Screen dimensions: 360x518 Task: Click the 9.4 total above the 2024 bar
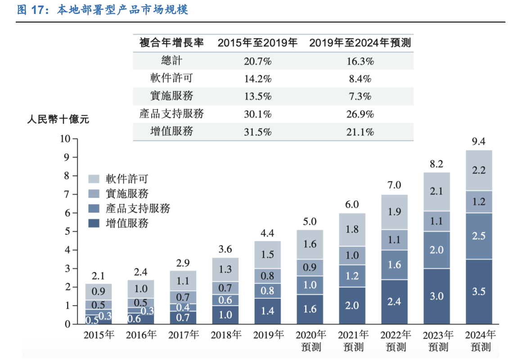point(478,142)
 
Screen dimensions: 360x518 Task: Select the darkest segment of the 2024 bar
point(478,291)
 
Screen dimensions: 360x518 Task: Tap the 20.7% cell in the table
point(257,60)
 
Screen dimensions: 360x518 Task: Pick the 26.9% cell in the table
point(360,114)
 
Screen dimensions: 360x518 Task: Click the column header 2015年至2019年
point(257,43)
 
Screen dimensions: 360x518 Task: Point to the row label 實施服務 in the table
point(171,96)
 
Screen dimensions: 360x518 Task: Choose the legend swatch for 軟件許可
point(94,179)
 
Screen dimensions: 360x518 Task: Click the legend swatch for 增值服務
point(94,223)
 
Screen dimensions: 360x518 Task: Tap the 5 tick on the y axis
point(68,231)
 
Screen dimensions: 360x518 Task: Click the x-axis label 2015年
point(98,335)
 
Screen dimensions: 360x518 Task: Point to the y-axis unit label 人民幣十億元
point(58,120)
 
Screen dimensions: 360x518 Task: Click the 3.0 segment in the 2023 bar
point(436,296)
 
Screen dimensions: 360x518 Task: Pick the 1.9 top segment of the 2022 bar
point(394,212)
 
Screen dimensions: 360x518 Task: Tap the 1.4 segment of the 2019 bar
point(267,311)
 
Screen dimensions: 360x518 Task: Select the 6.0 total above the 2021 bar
point(352,205)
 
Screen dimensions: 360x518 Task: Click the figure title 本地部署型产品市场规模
point(122,10)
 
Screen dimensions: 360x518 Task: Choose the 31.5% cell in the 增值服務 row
point(257,132)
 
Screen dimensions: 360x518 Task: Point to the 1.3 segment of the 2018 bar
point(225,269)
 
